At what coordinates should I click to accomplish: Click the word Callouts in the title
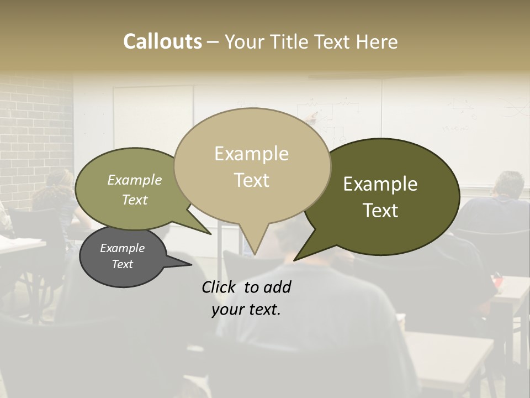click(162, 41)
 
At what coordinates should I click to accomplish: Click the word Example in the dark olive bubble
click(380, 184)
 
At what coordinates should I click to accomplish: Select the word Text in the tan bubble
click(252, 180)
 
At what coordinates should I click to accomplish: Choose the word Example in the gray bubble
click(123, 248)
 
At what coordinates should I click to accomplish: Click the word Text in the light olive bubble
click(135, 200)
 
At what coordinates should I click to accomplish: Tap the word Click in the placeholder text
click(219, 287)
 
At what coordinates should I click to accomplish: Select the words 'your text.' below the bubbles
click(246, 310)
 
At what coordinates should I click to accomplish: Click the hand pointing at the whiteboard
click(313, 116)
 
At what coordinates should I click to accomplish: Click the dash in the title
click(213, 42)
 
